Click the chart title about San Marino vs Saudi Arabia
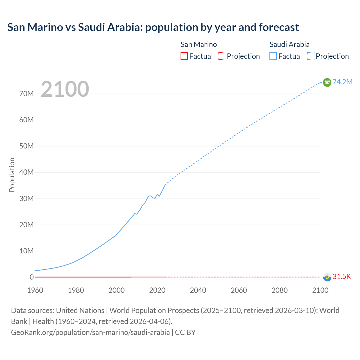pos(153,27)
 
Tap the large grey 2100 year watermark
pos(65,89)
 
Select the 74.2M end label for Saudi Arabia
pos(342,82)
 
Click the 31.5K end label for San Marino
pos(342,277)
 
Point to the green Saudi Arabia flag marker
pos(327,82)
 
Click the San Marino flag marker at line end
pos(327,277)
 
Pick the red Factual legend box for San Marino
pos(184,56)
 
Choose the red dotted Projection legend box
pos(222,56)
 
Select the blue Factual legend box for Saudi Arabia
pos(273,56)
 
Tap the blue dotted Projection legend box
pos(310,56)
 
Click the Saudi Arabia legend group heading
pos(289,44)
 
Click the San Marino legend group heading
pos(199,44)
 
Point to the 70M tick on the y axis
pos(26,94)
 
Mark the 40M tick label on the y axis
pos(26,172)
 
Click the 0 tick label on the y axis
pos(31,277)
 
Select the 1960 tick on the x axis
pos(35,290)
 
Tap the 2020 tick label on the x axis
pos(157,290)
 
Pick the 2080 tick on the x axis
pos(280,290)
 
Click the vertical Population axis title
pos(12,175)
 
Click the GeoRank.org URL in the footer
pos(90,332)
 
